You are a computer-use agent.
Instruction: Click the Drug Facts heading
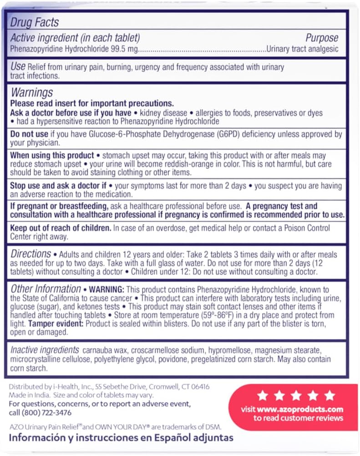click(35, 22)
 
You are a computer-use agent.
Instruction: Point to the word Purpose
click(322, 38)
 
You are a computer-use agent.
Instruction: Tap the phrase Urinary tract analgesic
click(303, 49)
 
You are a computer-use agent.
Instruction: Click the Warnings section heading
click(32, 93)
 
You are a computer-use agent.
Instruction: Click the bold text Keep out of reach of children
click(58, 228)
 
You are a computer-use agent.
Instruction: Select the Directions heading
click(31, 253)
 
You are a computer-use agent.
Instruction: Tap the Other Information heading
click(46, 289)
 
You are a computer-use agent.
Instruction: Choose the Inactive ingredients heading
click(44, 350)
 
